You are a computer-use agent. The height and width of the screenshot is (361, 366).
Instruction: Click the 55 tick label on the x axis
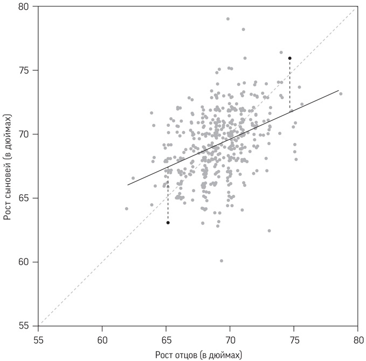[x=39, y=341]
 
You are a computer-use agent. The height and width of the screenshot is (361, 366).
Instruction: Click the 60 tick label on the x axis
[x=102, y=341]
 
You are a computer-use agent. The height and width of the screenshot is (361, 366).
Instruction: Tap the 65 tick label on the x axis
[x=166, y=341]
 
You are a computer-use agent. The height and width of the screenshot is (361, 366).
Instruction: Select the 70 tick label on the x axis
[x=230, y=341]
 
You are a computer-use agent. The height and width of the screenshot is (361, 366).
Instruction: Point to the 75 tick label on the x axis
[x=294, y=341]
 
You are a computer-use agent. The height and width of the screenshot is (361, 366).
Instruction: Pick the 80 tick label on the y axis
[x=25, y=6]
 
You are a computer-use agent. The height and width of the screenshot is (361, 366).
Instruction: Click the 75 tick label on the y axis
[x=25, y=71]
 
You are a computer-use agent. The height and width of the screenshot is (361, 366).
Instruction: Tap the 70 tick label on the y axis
[x=25, y=134]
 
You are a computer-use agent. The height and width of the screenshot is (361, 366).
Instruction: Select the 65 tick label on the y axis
[x=25, y=198]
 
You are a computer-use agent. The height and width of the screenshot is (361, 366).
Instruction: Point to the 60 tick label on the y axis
[x=25, y=262]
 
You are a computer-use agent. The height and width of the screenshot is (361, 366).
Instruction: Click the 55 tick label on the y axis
[x=25, y=326]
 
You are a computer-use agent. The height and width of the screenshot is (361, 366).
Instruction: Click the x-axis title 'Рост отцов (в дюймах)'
[x=198, y=355]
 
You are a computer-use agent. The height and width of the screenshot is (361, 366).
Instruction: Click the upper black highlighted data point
[x=290, y=58]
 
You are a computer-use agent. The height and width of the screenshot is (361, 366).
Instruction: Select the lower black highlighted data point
[x=168, y=223]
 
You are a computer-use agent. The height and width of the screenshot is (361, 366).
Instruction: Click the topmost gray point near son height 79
[x=228, y=19]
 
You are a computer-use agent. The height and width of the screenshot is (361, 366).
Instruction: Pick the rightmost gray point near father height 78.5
[x=341, y=94]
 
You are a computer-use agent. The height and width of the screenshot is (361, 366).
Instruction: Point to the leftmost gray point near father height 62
[x=127, y=209]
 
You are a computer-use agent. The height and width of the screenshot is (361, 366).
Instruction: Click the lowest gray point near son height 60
[x=222, y=261]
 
